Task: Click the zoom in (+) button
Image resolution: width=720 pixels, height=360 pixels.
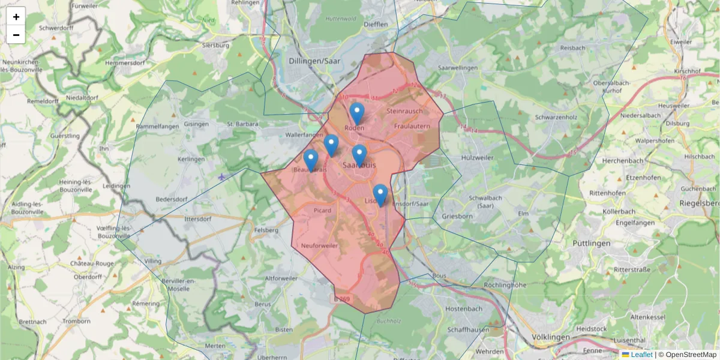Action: point(16,17)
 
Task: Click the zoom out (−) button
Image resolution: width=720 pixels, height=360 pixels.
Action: point(16,35)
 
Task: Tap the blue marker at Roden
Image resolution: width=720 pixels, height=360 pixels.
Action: point(357,113)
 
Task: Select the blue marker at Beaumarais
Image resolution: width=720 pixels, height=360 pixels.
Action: point(310,160)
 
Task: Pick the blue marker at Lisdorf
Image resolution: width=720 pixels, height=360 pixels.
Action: point(380,195)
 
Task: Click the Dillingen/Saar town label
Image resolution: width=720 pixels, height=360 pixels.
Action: point(323,61)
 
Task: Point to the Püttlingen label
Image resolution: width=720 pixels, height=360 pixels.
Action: point(591,243)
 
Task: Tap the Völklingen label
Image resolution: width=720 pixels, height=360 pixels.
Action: point(551,337)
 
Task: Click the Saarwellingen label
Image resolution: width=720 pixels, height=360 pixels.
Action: point(458,68)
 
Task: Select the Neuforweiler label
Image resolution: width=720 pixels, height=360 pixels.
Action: point(320,246)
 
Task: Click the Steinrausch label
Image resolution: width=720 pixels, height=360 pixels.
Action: point(404,111)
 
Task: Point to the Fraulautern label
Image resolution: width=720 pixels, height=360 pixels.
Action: point(412,127)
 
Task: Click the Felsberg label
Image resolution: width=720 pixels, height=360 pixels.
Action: point(266,230)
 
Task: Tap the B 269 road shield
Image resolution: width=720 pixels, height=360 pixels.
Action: point(341,298)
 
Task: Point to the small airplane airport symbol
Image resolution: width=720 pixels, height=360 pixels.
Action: point(223,176)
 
